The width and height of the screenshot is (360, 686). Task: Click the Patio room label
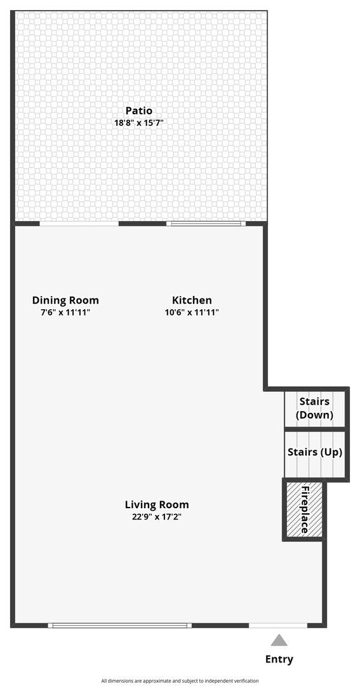click(x=138, y=111)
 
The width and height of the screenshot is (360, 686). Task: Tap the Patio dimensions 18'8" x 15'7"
click(x=138, y=123)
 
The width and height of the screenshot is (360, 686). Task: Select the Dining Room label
click(x=65, y=300)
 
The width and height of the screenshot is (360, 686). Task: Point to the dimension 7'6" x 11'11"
click(x=65, y=313)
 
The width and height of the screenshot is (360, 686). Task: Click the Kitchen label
click(x=192, y=300)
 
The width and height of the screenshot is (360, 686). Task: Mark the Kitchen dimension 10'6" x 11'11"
click(x=192, y=313)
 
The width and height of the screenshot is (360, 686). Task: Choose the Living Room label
click(x=156, y=505)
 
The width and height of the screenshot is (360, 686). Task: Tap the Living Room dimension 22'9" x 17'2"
click(x=156, y=517)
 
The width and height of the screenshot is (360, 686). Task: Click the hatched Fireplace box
click(x=304, y=509)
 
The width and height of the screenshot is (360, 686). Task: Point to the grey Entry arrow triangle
click(x=279, y=640)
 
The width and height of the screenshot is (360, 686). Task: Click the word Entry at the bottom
click(x=279, y=659)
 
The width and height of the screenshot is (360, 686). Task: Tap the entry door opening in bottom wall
click(x=278, y=626)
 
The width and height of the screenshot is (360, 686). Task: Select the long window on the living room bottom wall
click(x=120, y=626)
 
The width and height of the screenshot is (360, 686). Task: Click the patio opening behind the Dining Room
click(x=79, y=224)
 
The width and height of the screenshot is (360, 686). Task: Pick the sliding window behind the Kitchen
click(x=206, y=224)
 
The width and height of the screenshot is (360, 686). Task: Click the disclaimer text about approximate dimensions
click(x=180, y=681)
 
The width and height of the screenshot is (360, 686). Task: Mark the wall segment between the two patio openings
click(x=143, y=224)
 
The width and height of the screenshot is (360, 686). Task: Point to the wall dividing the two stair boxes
click(x=315, y=431)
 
